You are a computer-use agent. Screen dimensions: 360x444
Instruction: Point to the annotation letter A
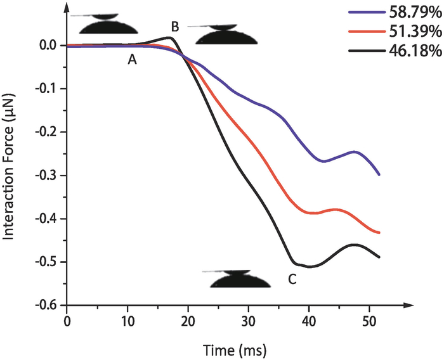[133, 60]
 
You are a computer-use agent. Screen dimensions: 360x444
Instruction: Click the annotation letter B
[175, 26]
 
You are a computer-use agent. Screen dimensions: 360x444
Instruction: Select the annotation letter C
[292, 278]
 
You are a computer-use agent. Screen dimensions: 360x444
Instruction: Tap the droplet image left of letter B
[110, 23]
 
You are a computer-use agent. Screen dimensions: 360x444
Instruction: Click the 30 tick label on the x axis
[249, 321]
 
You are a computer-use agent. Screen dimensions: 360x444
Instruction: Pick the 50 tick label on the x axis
[369, 321]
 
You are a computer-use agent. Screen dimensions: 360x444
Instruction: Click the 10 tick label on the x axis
[127, 321]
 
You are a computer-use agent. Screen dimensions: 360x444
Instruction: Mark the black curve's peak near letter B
[170, 37]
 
